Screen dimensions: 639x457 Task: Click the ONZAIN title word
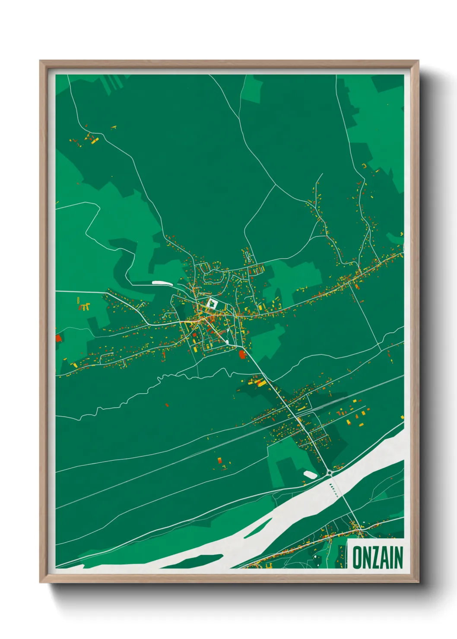(378, 557)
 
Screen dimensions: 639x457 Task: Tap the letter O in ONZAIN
(358, 557)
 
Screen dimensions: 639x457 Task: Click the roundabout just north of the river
(330, 473)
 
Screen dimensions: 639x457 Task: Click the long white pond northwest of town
(162, 283)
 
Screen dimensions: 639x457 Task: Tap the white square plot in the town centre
(212, 303)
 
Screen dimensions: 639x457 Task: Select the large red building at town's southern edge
(242, 354)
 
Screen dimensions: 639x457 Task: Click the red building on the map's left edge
(58, 338)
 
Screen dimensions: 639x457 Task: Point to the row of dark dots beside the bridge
(333, 489)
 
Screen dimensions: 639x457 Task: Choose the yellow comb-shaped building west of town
(85, 307)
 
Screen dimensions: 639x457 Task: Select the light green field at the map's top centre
(252, 89)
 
